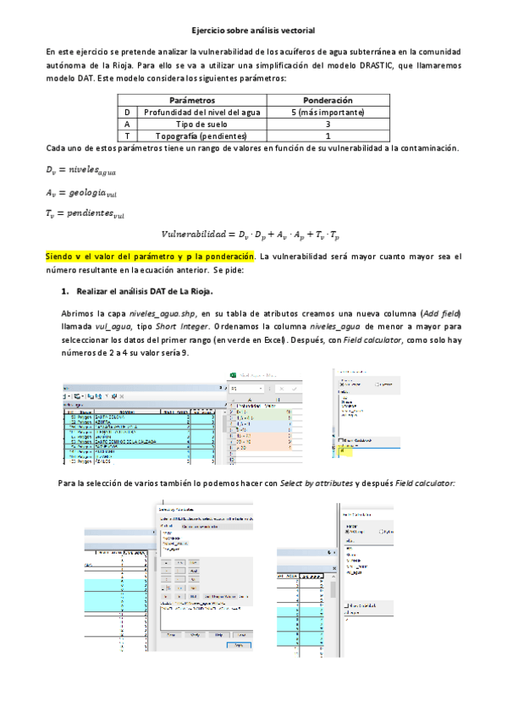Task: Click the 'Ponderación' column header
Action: [327, 100]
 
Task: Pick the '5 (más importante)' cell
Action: [327, 112]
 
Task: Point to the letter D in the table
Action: [126, 112]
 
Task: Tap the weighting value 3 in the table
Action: [327, 124]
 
